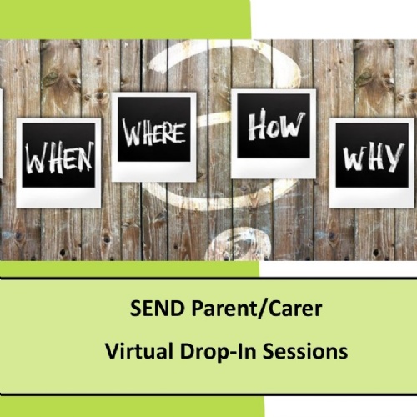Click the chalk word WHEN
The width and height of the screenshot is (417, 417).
[58, 158]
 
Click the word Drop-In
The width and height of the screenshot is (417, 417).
[208, 353]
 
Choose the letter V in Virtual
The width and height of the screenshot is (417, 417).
[111, 352]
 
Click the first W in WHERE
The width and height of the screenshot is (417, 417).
[131, 133]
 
